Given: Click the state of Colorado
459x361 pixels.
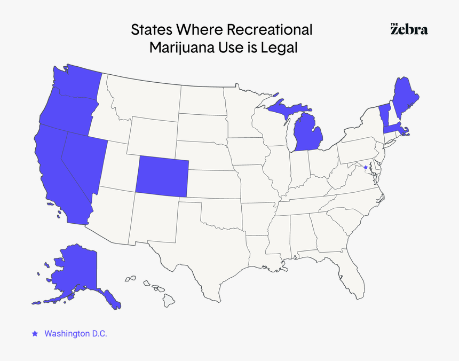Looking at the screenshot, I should [162, 176].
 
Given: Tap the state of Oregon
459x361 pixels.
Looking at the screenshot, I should [67, 109].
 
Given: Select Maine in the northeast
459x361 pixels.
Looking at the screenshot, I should [405, 96].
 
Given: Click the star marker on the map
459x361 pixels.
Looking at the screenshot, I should [365, 168].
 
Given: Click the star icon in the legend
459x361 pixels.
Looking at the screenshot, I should [35, 333].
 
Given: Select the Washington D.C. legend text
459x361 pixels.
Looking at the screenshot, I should [76, 333].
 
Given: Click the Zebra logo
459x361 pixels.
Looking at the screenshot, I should [409, 29].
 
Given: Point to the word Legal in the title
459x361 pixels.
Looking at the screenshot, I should [278, 48].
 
